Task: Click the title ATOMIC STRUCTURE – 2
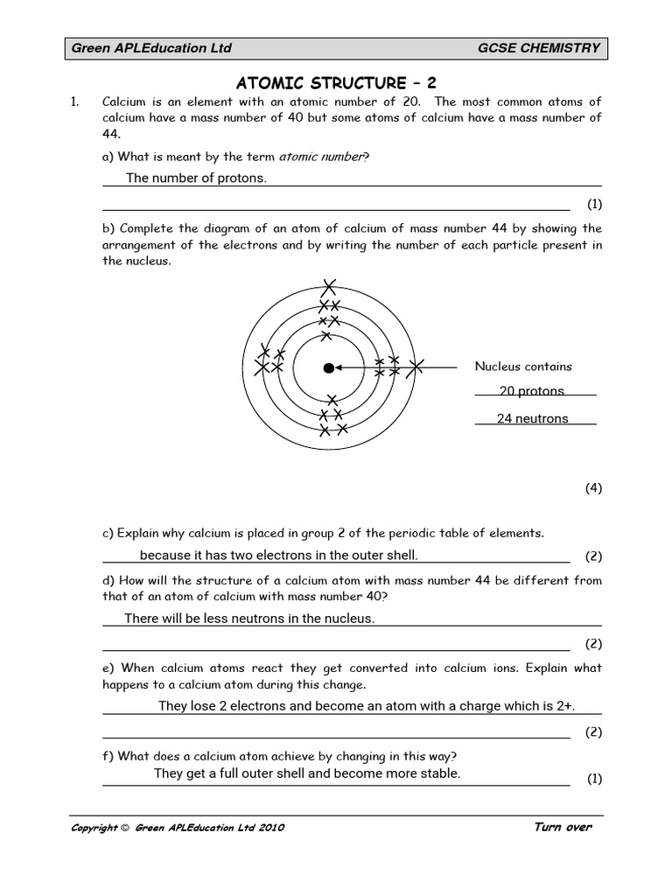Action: pyautogui.click(x=336, y=83)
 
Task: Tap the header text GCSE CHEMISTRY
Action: pyautogui.click(x=539, y=48)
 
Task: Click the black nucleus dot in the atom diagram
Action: pyautogui.click(x=328, y=368)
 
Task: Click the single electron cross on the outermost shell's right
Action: pyautogui.click(x=416, y=367)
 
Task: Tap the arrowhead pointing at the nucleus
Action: pyautogui.click(x=339, y=368)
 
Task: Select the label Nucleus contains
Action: pyautogui.click(x=523, y=367)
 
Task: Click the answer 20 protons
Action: pyautogui.click(x=532, y=391)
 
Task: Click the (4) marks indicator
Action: pyautogui.click(x=594, y=488)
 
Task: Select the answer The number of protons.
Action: pyautogui.click(x=196, y=178)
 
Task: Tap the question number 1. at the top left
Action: pyautogui.click(x=74, y=102)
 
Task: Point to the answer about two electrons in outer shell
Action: pyautogui.click(x=278, y=556)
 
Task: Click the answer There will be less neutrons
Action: pyautogui.click(x=249, y=619)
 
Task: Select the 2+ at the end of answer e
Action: pyautogui.click(x=565, y=707)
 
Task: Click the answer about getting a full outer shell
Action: pyautogui.click(x=306, y=773)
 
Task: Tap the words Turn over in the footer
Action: pyautogui.click(x=563, y=828)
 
